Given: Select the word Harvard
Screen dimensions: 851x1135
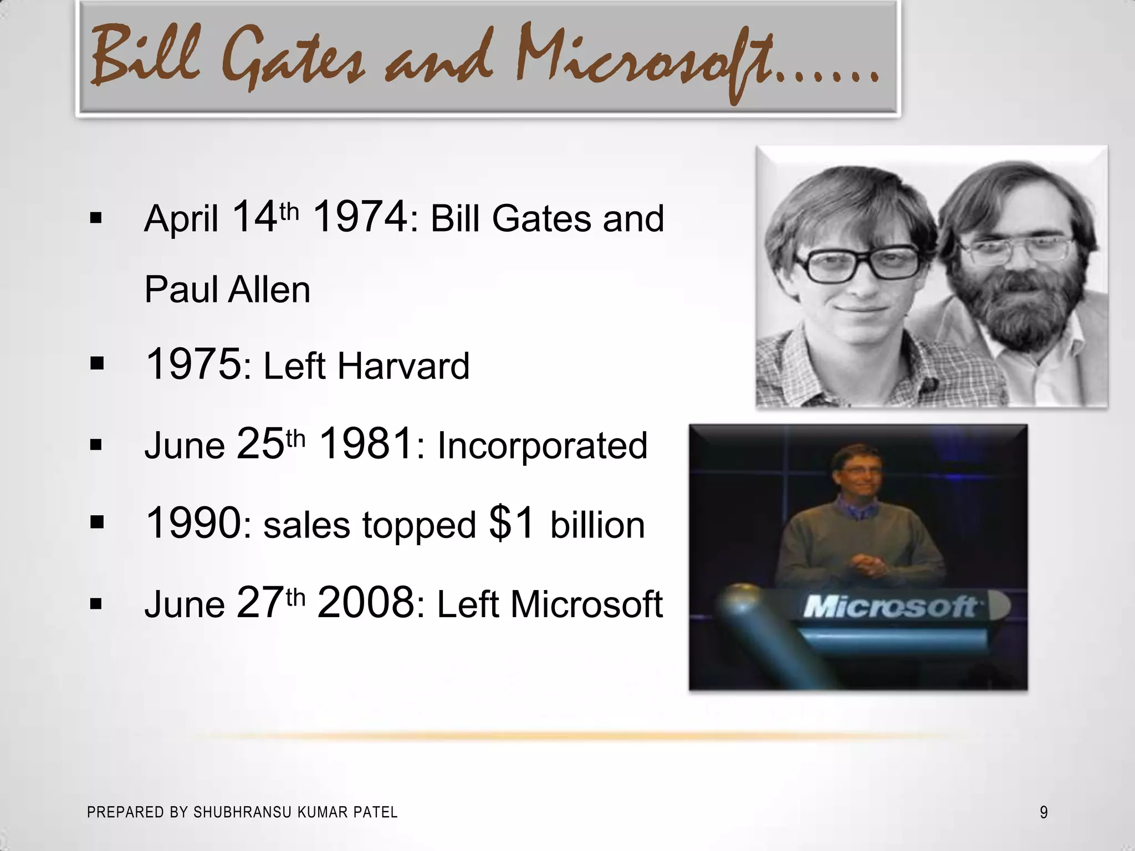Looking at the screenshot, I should point(403,366).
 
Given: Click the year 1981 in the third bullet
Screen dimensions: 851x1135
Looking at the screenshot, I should point(366,444).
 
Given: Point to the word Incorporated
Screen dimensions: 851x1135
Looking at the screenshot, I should point(542,445).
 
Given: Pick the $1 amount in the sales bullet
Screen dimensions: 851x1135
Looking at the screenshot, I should point(512,523).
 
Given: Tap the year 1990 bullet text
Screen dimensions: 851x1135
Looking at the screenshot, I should point(193,523).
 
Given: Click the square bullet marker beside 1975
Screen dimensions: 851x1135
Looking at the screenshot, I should point(96,364).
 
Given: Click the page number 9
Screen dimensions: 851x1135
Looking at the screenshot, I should point(1044,812).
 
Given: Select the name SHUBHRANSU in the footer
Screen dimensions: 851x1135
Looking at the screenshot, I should point(242,812).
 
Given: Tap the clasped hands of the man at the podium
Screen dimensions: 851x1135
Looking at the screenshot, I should point(867,565).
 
